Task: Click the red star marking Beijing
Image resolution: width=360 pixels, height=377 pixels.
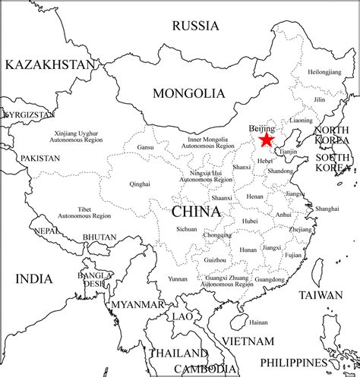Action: tap(266, 140)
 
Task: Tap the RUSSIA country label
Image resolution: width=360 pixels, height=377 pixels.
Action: tap(195, 26)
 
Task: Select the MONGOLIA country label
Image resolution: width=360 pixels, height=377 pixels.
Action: tap(189, 93)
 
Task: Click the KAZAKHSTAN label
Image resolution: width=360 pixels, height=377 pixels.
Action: tap(50, 64)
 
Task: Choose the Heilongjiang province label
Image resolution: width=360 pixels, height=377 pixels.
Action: tap(324, 71)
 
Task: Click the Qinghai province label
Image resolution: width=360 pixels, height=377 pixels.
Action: tap(140, 184)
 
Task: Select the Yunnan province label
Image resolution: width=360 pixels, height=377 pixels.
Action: tap(178, 279)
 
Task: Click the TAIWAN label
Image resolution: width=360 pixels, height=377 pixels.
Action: tap(321, 294)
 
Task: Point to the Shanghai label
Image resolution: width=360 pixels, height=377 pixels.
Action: tap(327, 208)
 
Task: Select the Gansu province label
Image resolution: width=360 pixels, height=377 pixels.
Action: tap(146, 146)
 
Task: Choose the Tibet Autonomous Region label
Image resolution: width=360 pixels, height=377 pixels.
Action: tap(95, 212)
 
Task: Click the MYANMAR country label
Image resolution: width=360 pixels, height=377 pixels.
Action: tap(137, 304)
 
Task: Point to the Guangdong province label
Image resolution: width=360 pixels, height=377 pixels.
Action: tap(270, 279)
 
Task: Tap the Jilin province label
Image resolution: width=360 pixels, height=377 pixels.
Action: tap(320, 99)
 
